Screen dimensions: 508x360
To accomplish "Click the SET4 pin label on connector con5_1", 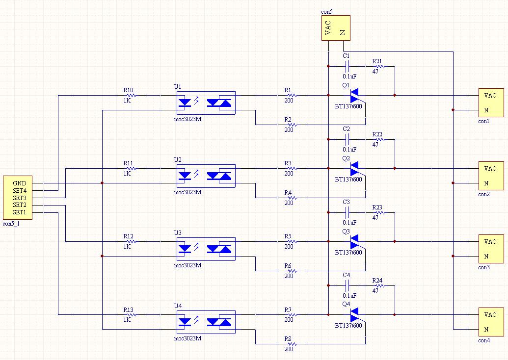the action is point(20,191).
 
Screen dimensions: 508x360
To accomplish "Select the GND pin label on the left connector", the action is point(20,183).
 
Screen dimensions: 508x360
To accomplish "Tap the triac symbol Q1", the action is point(354,96).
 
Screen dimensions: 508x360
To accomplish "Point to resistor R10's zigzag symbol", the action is point(131,96).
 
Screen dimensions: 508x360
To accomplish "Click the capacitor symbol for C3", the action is point(347,213).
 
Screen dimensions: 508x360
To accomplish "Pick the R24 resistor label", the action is point(377,281).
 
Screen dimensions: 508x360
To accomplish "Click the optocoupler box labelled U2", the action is point(206,176).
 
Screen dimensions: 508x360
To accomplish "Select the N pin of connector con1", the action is point(486,110).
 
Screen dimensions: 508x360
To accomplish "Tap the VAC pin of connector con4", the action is point(490,314).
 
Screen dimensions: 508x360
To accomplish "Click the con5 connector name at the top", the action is point(326,12).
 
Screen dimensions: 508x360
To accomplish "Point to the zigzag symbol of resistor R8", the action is point(292,344).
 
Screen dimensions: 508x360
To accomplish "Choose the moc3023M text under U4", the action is point(187,338).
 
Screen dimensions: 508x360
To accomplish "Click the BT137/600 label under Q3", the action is point(348,252).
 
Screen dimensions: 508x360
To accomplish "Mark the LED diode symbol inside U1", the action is point(185,103).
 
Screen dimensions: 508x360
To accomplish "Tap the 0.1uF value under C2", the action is point(349,149).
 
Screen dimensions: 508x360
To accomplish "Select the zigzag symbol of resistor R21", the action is point(380,66).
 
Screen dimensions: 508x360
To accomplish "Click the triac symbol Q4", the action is point(354,315).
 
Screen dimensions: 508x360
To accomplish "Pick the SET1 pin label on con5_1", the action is point(20,212).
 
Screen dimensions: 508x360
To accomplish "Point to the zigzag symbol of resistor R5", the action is point(292,241).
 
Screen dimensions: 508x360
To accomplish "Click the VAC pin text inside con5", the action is point(328,28).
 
